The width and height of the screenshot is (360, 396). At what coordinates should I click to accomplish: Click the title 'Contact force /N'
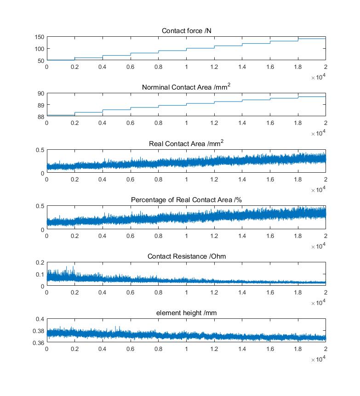click(187, 31)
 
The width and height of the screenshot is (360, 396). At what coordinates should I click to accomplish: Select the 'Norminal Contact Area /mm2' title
click(186, 87)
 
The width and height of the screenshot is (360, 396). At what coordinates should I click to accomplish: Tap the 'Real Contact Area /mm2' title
click(186, 143)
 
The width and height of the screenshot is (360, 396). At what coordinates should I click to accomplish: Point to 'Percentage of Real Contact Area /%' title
click(186, 200)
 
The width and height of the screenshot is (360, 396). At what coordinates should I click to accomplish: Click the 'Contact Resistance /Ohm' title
click(187, 256)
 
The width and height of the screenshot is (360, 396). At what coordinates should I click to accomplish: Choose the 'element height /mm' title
click(187, 313)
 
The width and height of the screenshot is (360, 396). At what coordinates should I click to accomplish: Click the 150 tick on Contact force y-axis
click(40, 37)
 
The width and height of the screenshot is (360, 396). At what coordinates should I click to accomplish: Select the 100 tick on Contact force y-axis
click(40, 49)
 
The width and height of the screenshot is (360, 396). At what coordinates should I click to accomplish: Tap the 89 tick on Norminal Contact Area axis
click(41, 105)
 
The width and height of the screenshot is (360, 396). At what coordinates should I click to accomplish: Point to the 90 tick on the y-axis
click(41, 94)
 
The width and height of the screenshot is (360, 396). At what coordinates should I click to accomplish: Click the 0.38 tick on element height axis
click(39, 331)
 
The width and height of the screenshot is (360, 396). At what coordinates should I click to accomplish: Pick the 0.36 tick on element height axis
click(39, 343)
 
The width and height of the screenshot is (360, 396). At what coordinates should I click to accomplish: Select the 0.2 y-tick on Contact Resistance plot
click(40, 263)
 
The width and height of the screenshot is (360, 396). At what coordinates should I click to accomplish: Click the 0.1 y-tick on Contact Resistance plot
click(40, 275)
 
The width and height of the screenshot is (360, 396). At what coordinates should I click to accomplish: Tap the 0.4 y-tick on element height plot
click(40, 319)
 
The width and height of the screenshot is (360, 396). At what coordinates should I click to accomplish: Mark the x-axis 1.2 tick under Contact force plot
click(214, 67)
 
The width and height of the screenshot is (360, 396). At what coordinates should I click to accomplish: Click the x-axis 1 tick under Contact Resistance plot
click(186, 293)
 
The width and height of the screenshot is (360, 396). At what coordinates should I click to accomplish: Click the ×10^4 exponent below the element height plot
click(318, 359)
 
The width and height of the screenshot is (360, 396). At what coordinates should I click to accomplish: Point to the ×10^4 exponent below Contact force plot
click(318, 77)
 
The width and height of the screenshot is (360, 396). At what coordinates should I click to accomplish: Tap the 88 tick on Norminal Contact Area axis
click(41, 117)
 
